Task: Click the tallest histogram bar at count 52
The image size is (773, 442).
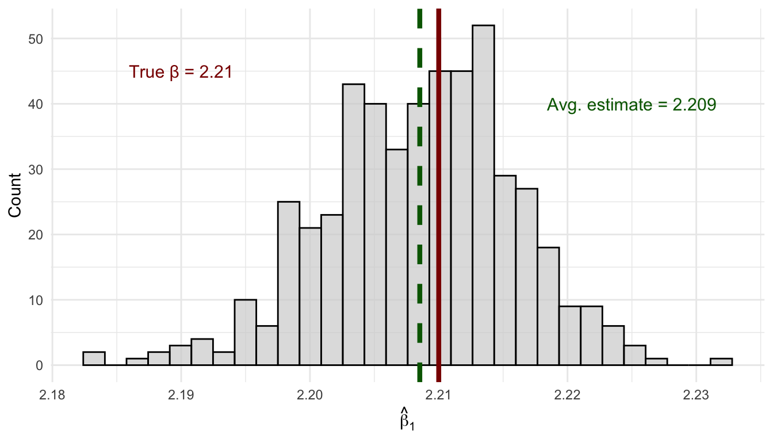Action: click(483, 196)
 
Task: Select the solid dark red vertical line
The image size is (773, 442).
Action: click(438, 173)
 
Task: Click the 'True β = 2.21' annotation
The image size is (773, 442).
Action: click(180, 72)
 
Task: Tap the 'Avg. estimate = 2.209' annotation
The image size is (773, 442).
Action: click(631, 105)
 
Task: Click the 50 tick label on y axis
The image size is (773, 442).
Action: click(37, 39)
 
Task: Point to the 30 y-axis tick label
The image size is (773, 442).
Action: click(37, 169)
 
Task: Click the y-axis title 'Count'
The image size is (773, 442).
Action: click(16, 196)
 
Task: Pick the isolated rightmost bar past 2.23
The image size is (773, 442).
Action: click(721, 362)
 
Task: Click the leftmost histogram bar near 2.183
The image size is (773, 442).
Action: click(94, 359)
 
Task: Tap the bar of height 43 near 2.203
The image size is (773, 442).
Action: click(353, 224)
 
